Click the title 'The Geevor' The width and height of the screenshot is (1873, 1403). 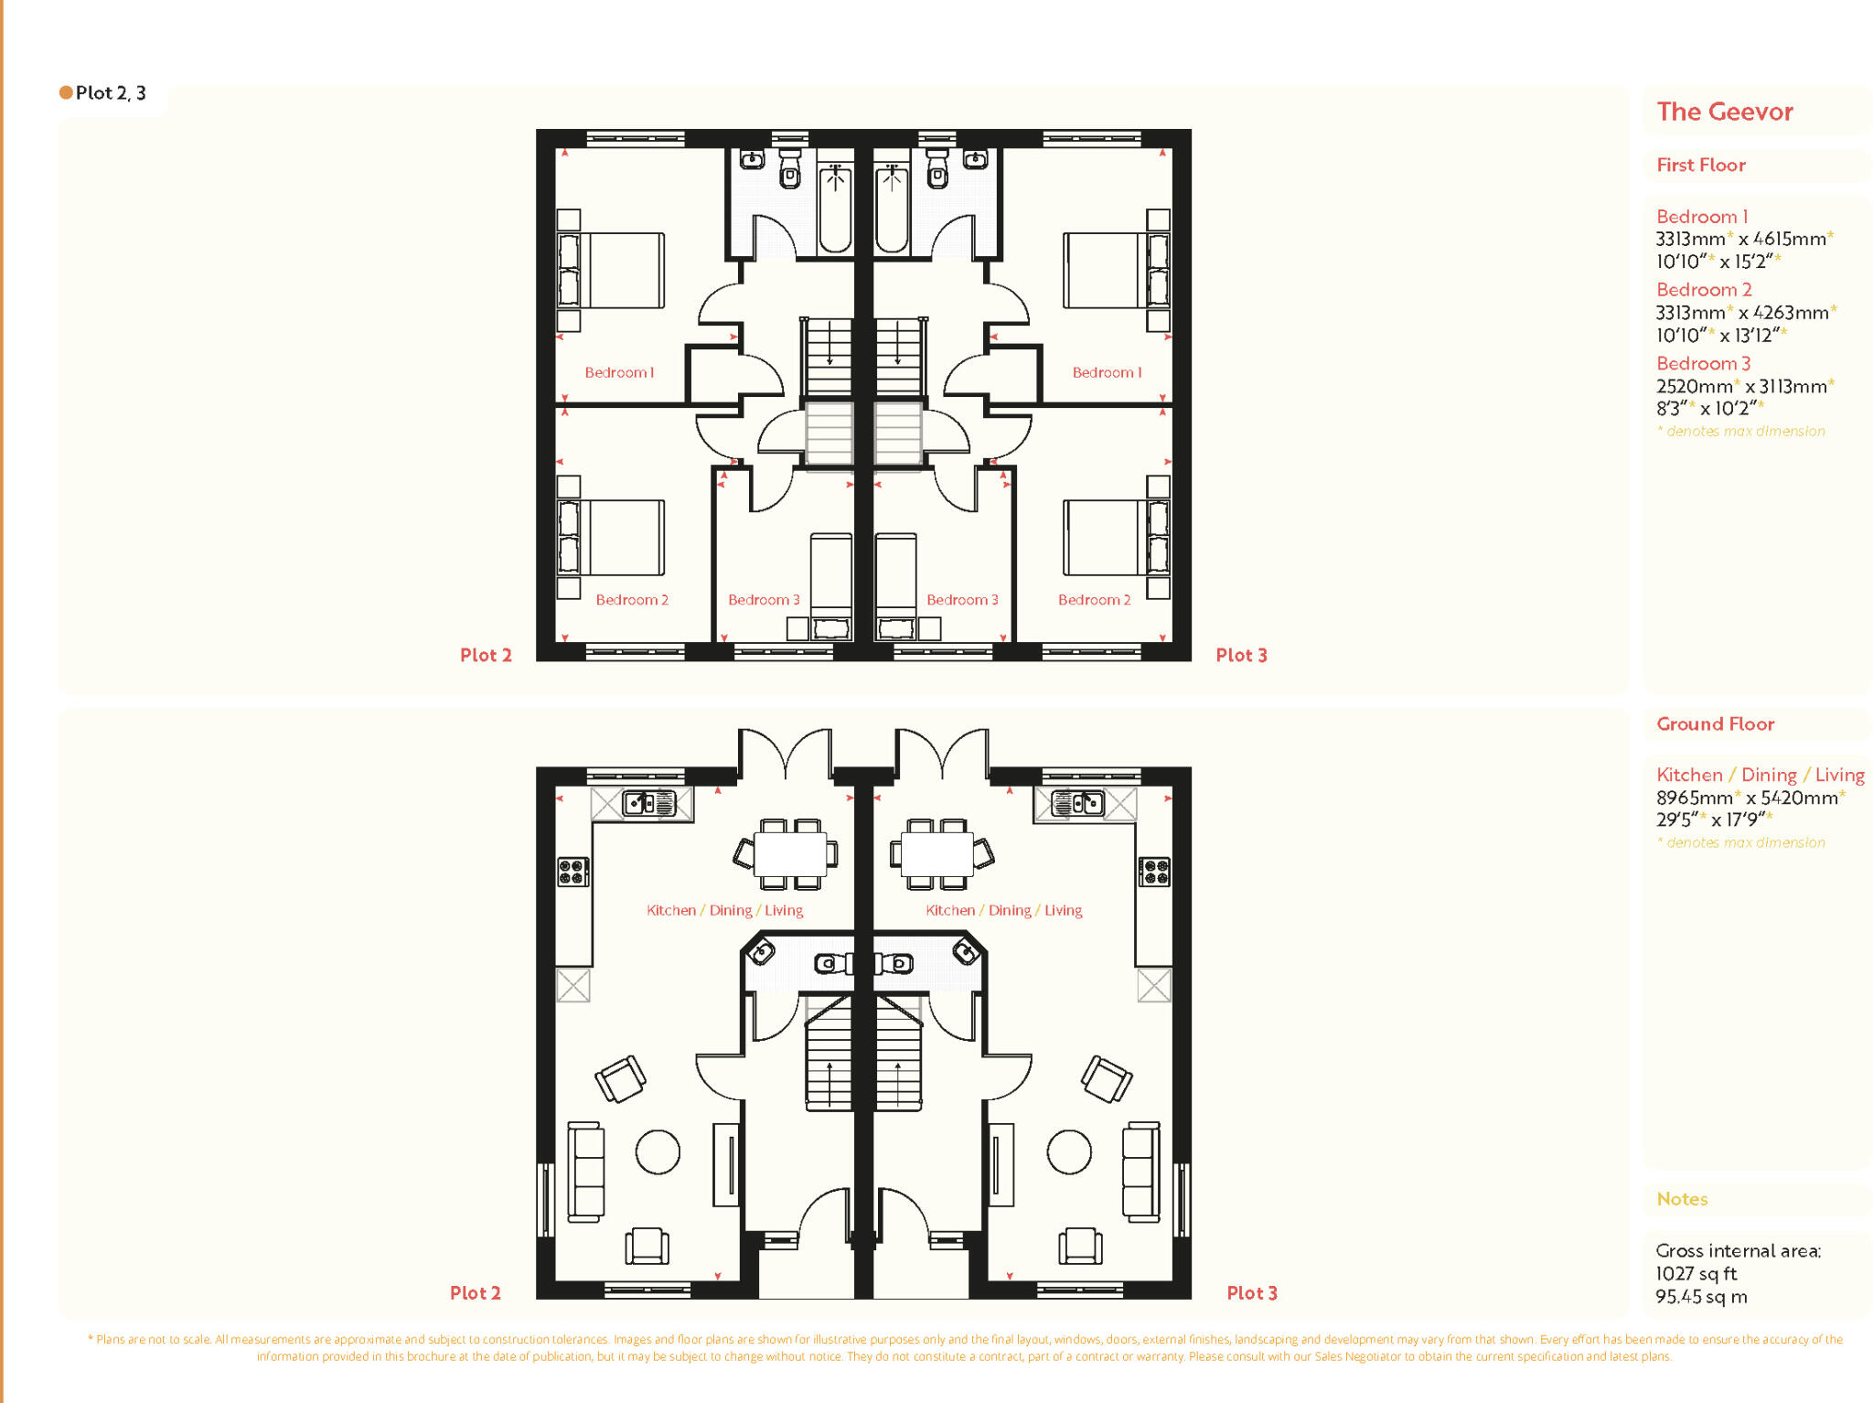click(1724, 112)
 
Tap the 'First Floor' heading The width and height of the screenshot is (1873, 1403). click(1700, 165)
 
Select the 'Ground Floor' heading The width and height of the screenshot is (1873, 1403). click(1715, 723)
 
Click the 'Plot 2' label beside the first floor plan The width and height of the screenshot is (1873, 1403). click(486, 655)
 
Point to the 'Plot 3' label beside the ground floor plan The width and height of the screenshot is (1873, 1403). click(1251, 1292)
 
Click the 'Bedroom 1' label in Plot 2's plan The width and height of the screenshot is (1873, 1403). click(619, 372)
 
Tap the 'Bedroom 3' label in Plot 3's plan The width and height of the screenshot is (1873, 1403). click(962, 600)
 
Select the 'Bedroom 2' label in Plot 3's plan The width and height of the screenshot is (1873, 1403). click(1094, 600)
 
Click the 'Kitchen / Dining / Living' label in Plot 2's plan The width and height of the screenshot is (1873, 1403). click(724, 910)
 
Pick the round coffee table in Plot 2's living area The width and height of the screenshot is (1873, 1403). click(658, 1151)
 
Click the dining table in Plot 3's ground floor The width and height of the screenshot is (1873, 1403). click(938, 854)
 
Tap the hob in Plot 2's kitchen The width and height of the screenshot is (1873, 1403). click(573, 872)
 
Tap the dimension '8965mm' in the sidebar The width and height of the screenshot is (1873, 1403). click(1694, 798)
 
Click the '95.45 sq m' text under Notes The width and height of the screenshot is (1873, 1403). click(1701, 1296)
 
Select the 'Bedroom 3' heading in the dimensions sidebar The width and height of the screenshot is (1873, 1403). click(1703, 363)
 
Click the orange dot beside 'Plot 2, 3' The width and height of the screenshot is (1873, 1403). click(66, 92)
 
